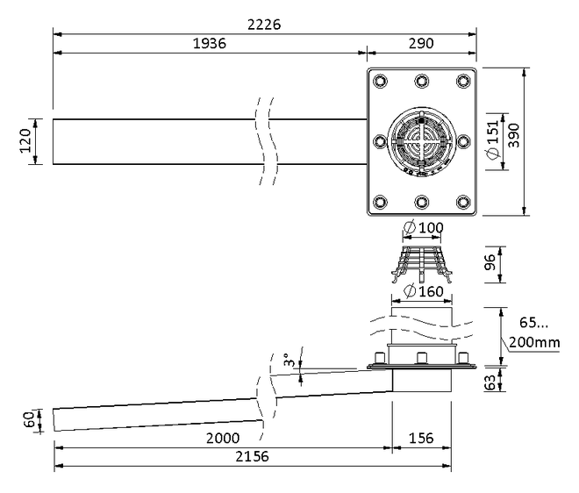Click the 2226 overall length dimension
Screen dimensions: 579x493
click(x=264, y=25)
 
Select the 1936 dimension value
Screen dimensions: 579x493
click(x=210, y=44)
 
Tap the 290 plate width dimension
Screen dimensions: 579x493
click(x=421, y=44)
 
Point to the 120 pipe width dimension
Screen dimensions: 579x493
click(x=25, y=141)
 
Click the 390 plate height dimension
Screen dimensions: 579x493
click(x=513, y=135)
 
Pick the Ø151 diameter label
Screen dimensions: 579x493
click(x=493, y=139)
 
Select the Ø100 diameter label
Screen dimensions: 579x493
click(x=424, y=227)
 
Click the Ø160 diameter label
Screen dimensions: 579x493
click(x=424, y=291)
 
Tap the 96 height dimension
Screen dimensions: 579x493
click(x=490, y=262)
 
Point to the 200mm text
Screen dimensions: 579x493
click(x=534, y=343)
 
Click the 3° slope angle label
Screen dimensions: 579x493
click(x=289, y=360)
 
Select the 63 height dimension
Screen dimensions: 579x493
click(x=490, y=382)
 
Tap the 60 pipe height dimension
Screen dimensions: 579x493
click(x=29, y=420)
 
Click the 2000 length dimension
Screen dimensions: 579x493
click(x=223, y=439)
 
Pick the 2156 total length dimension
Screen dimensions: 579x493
click(x=252, y=457)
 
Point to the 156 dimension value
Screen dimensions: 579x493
click(x=421, y=439)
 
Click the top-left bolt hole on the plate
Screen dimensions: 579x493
click(x=381, y=81)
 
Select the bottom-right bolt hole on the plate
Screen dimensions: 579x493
click(x=463, y=202)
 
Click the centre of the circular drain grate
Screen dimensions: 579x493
click(x=421, y=141)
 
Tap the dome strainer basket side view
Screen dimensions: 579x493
click(x=422, y=264)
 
